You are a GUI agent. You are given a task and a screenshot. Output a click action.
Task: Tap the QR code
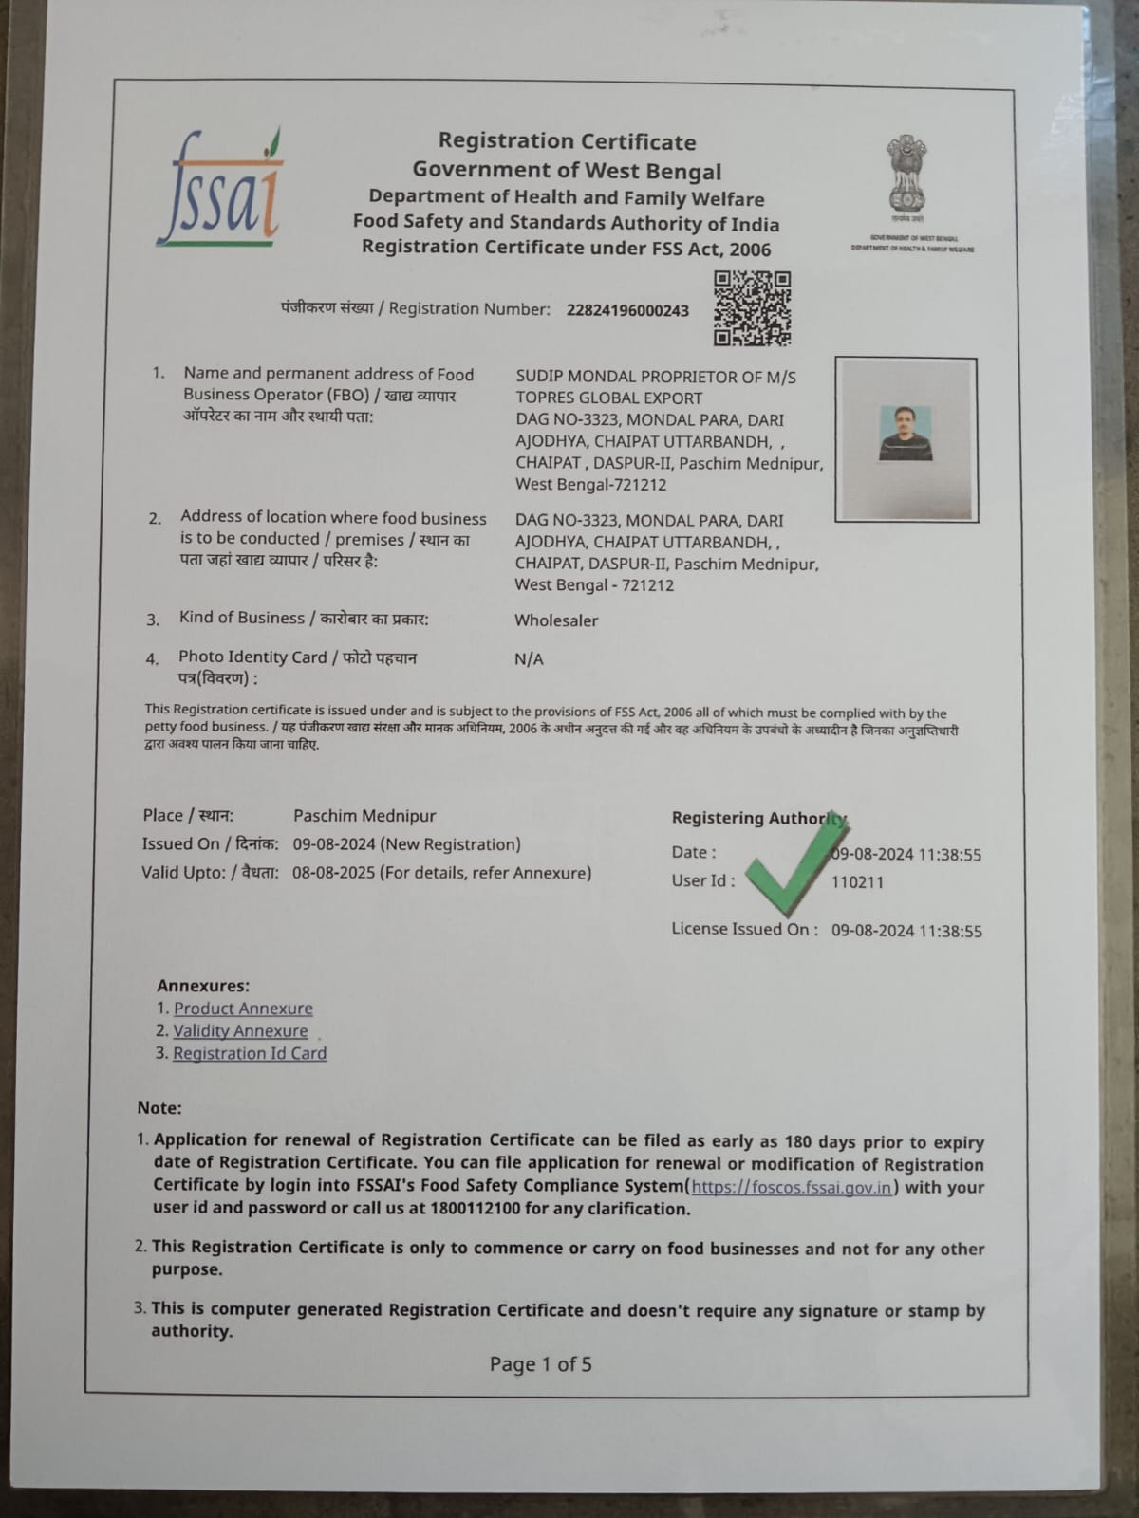tap(752, 308)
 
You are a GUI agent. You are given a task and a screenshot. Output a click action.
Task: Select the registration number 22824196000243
tap(627, 310)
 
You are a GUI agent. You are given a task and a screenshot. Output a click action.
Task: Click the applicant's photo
tap(906, 438)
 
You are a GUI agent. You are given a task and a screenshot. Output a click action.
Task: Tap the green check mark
tap(794, 864)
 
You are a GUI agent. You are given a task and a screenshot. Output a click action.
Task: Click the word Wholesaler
tap(556, 620)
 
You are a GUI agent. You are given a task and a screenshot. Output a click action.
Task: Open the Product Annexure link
tap(243, 1009)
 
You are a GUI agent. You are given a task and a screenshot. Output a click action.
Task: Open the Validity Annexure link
tap(240, 1031)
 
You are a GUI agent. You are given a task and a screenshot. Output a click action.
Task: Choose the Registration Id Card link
tap(250, 1054)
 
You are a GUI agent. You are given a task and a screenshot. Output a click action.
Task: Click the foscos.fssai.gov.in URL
tap(792, 1187)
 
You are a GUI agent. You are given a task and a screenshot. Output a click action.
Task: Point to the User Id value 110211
tap(857, 882)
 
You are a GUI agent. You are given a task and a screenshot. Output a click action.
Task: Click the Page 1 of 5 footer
tap(540, 1364)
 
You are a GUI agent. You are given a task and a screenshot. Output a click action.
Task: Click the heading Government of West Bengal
tap(567, 171)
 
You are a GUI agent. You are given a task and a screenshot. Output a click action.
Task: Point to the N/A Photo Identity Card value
tap(529, 659)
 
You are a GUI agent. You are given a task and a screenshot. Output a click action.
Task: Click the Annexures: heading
tap(203, 986)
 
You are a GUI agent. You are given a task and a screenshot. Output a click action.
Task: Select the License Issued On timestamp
tap(906, 931)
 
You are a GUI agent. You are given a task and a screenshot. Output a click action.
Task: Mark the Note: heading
tap(159, 1108)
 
